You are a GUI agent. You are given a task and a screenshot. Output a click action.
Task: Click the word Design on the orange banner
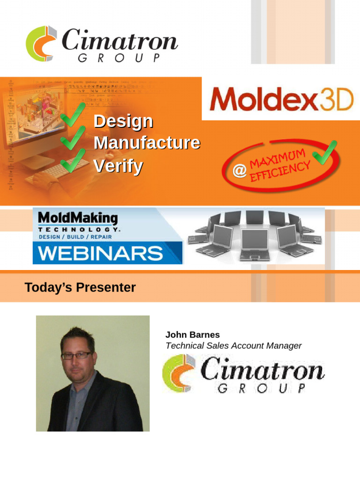pos(123,121)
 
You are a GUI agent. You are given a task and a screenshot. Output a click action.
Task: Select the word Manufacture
pos(147,142)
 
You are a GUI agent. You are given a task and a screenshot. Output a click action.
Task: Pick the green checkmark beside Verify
pos(73,160)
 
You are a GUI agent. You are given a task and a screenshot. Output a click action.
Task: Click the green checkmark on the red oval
pos(325,153)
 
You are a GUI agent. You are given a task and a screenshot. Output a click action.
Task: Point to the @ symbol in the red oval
pos(240,172)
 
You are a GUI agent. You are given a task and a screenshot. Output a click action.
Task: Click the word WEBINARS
pos(100,254)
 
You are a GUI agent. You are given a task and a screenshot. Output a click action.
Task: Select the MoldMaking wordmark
pos(78,218)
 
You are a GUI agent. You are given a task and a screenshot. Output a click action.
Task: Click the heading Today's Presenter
pos(80,287)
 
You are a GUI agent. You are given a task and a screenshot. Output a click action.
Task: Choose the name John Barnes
pos(192,335)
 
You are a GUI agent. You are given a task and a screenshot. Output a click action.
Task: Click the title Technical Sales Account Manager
pos(233,346)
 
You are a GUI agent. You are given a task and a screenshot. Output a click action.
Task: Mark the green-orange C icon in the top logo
pos(41,44)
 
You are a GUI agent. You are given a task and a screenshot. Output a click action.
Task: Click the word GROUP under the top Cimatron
pos(119,58)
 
